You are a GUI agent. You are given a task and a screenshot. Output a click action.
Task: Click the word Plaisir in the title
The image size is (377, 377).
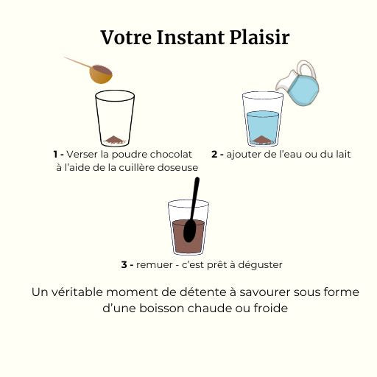[260, 38]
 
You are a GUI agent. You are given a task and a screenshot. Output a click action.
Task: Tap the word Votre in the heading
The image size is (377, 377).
[126, 38]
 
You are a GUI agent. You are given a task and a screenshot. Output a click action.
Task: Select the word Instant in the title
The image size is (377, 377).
[191, 38]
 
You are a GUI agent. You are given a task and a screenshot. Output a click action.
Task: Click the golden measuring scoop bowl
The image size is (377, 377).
[101, 74]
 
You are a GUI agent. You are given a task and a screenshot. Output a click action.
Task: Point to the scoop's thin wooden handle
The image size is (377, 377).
[77, 62]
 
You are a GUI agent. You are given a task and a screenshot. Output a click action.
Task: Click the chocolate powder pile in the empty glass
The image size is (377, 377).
[114, 140]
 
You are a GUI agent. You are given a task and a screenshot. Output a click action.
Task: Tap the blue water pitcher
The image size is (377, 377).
[297, 83]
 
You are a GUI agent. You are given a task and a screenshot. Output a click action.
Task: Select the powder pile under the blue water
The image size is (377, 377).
[262, 140]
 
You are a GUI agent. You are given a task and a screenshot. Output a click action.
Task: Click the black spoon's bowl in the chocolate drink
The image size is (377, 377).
[190, 230]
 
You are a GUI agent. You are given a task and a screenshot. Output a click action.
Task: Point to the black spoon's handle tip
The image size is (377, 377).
[197, 179]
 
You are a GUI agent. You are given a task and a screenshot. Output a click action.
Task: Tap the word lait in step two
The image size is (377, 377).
[342, 154]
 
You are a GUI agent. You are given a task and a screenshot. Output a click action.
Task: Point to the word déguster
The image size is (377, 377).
[261, 265]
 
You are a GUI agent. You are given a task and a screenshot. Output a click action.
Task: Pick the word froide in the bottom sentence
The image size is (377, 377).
[270, 308]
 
